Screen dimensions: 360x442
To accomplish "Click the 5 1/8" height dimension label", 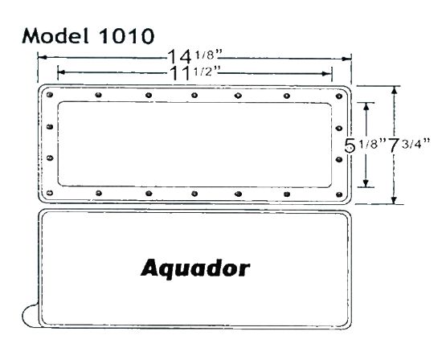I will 364,145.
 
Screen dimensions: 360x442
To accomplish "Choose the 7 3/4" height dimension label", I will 411,145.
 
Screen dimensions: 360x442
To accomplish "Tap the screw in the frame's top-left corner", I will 51,96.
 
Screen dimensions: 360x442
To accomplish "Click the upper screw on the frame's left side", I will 50,126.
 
